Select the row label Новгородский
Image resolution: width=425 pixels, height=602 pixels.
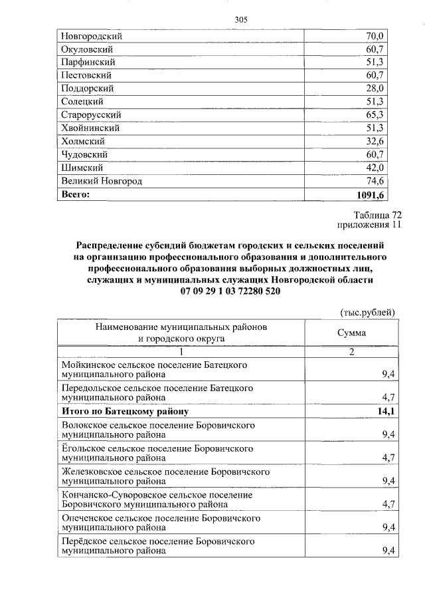(x=92, y=36)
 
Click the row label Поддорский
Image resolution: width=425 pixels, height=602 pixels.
(x=87, y=88)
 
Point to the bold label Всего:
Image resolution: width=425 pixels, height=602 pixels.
(x=75, y=194)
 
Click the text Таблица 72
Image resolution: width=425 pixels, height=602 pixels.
(x=378, y=215)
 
